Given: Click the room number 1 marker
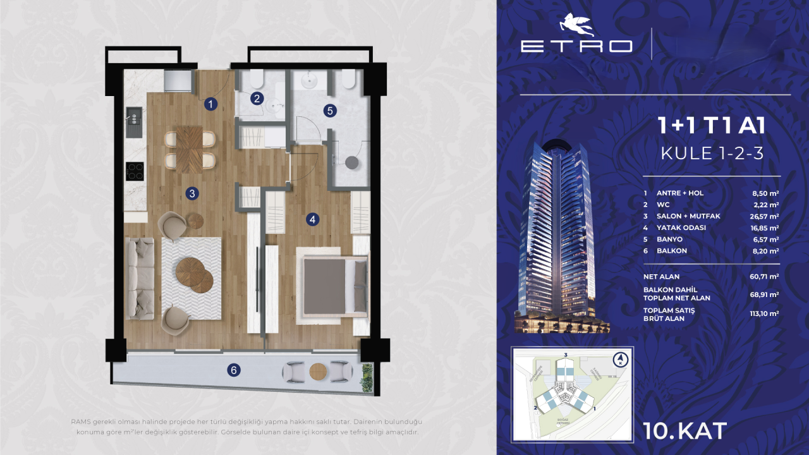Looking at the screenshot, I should [x=211, y=105].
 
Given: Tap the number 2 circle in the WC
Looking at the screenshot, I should [x=256, y=98].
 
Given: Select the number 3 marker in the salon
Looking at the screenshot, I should [x=192, y=193].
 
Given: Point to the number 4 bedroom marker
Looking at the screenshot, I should [x=312, y=219].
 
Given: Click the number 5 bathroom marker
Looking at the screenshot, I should [x=329, y=110].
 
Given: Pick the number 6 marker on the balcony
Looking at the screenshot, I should [x=234, y=370].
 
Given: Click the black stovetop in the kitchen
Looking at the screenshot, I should [x=135, y=171].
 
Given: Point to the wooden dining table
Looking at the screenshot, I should [x=190, y=149].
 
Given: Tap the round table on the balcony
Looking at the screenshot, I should [x=316, y=372].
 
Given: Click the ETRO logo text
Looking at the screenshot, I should [x=576, y=45].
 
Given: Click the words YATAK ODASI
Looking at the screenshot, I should [x=681, y=227].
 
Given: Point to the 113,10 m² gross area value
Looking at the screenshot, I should [x=763, y=313].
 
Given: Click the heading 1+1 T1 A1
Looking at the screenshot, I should [x=712, y=126].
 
